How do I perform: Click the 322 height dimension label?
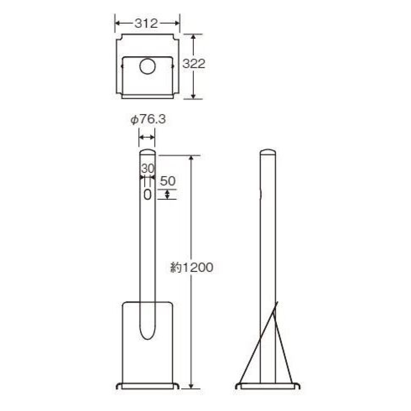pos(194,64)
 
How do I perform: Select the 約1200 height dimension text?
pos(192,267)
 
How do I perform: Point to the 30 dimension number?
pos(147,169)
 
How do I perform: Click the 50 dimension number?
pos(167,180)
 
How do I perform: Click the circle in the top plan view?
pos(148,66)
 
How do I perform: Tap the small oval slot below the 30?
pos(147,195)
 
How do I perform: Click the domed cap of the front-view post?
pos(147,152)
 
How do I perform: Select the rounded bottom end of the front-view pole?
pos(147,334)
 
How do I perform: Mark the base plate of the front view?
pos(147,386)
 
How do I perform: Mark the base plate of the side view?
pos(268,386)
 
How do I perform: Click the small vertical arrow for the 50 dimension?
pos(167,195)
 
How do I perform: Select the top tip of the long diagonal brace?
pos(277,302)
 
